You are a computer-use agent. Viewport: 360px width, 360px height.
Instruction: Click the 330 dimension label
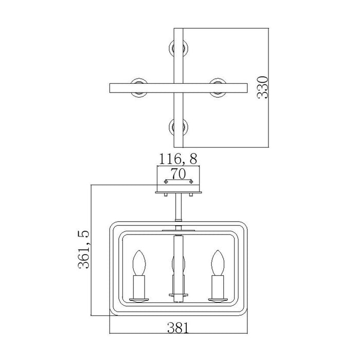click(x=263, y=87)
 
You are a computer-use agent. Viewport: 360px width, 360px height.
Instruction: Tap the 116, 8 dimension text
click(x=178, y=159)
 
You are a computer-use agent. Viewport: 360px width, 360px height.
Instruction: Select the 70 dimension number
click(x=178, y=174)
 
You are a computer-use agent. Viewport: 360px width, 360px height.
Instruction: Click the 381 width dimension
click(x=178, y=328)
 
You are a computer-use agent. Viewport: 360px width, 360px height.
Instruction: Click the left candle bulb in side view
click(x=139, y=263)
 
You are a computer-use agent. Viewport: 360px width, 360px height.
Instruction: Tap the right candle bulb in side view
click(x=218, y=263)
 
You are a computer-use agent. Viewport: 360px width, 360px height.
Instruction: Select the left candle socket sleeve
click(x=139, y=287)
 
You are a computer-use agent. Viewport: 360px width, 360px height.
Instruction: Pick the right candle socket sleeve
click(x=218, y=287)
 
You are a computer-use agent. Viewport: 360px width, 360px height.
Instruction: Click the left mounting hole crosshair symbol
click(x=166, y=182)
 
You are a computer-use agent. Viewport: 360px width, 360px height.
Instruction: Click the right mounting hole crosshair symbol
click(x=191, y=182)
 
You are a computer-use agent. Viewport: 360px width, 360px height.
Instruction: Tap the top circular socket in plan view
click(x=178, y=48)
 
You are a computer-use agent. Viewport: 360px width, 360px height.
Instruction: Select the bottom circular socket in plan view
click(x=178, y=127)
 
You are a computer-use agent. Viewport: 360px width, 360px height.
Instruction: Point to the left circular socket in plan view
click(x=139, y=88)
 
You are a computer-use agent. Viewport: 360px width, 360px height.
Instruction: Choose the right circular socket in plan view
click(x=218, y=88)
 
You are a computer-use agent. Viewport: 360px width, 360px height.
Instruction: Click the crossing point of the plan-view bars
click(x=178, y=88)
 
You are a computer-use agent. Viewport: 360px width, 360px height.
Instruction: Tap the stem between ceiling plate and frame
click(x=178, y=207)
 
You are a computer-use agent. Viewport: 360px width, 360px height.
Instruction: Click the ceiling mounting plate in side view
click(x=178, y=192)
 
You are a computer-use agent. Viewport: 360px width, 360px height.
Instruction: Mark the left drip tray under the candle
click(x=139, y=300)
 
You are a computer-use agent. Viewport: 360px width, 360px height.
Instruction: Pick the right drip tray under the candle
click(x=218, y=300)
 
